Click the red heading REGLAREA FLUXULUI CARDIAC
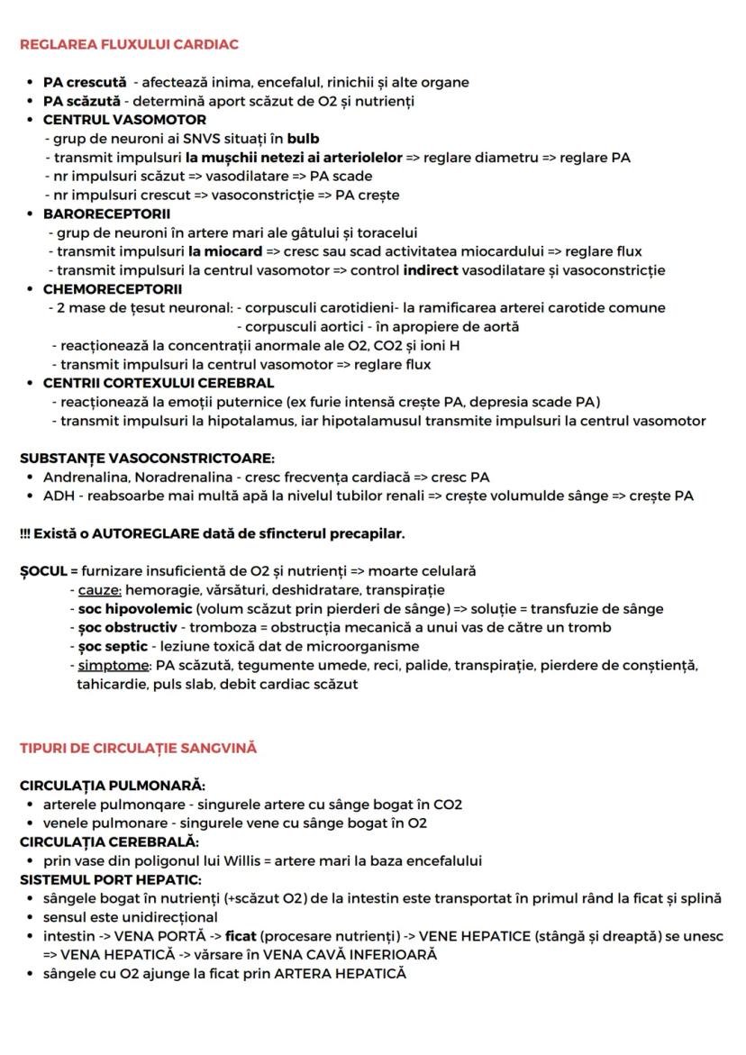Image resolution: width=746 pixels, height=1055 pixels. point(129,44)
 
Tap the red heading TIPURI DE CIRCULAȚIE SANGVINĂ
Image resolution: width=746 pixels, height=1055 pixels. point(138,748)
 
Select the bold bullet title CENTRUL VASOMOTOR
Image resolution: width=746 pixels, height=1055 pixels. point(124,120)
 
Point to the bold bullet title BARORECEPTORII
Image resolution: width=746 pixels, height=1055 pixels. point(106,214)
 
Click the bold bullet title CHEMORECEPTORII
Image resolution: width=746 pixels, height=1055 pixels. point(112,289)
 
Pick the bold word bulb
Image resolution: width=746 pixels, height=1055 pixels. point(303,139)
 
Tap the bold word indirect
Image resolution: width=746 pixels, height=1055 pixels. point(430,270)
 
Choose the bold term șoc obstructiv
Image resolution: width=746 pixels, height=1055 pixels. point(127,628)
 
